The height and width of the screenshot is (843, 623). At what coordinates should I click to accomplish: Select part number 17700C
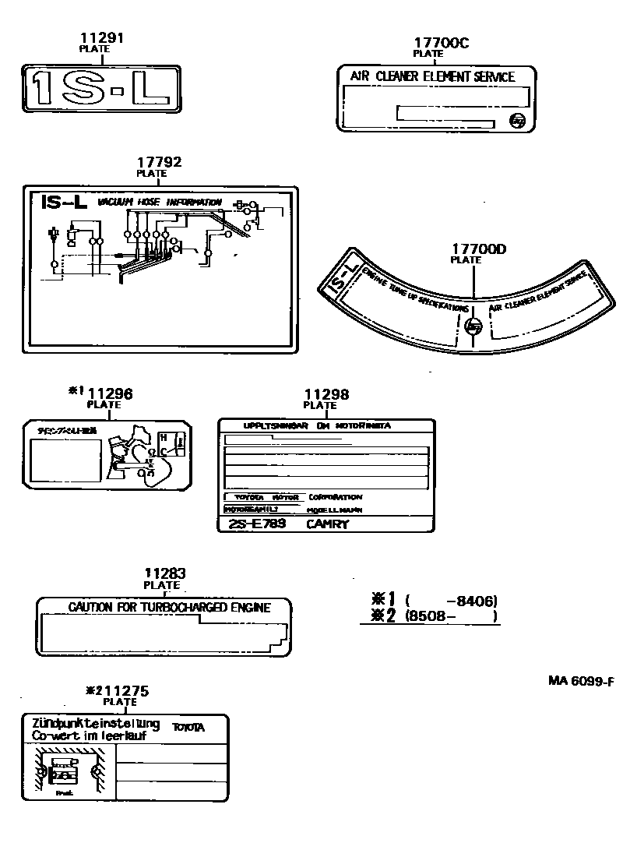click(441, 43)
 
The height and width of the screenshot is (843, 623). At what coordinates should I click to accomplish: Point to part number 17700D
click(479, 249)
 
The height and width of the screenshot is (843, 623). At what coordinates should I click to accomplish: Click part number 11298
click(326, 395)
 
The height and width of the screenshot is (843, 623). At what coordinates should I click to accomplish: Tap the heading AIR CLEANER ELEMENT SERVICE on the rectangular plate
click(432, 76)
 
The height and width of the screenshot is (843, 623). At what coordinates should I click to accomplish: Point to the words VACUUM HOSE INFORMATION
click(160, 203)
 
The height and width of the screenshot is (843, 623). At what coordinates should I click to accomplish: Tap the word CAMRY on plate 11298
click(327, 524)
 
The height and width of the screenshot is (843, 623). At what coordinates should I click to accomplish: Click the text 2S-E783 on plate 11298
click(257, 524)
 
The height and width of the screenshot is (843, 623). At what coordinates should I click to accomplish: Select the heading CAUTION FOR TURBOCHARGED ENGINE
click(169, 607)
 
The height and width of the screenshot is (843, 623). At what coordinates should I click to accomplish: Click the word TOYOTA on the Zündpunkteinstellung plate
click(189, 727)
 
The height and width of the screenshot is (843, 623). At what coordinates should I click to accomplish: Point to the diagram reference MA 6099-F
click(580, 680)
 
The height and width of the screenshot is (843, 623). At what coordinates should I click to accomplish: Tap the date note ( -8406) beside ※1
click(451, 600)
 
